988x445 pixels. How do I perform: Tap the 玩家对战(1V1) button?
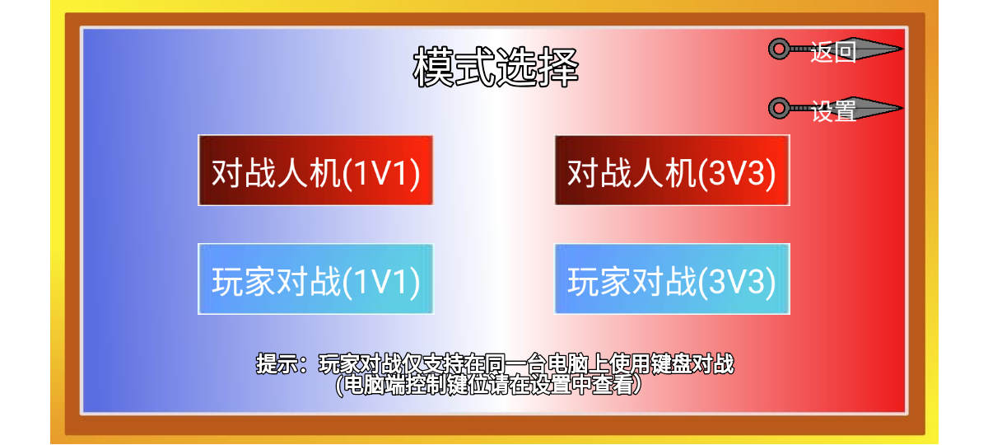coord(315,279)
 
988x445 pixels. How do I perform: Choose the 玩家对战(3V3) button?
coord(672,279)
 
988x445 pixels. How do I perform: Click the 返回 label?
coord(833,52)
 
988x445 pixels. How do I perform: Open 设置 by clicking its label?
coord(833,110)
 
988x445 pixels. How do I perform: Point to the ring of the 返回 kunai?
coord(778,49)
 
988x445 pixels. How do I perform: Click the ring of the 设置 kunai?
coord(778,108)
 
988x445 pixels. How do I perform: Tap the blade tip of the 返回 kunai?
coord(900,49)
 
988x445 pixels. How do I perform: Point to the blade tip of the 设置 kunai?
coord(900,107)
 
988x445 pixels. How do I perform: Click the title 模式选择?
coord(496,68)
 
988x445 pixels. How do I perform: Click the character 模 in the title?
coord(434,68)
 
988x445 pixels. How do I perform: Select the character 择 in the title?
coord(557,68)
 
